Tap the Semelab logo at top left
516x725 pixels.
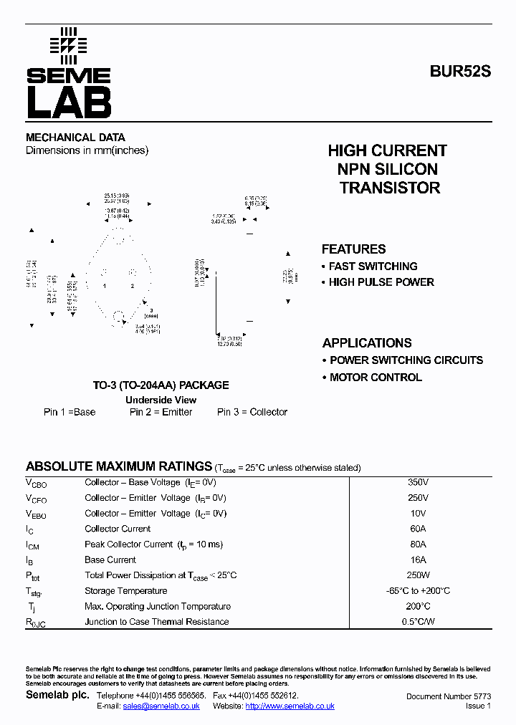point(69,74)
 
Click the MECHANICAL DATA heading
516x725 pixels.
point(75,137)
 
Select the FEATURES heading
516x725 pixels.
point(353,249)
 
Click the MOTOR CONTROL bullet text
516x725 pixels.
point(376,378)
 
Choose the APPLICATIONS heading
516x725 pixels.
point(367,342)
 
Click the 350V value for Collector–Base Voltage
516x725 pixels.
point(418,482)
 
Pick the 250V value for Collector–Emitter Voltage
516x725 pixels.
point(418,498)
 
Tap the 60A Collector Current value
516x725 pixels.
point(418,529)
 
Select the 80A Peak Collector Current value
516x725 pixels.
point(418,544)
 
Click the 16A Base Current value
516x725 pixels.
point(418,560)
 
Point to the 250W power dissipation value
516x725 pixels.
point(418,575)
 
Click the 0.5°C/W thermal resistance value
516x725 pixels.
point(418,622)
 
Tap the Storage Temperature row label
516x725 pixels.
point(125,591)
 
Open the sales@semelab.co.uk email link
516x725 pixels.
point(161,706)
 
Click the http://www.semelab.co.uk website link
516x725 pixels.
point(290,706)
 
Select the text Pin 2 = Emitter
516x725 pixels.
point(161,412)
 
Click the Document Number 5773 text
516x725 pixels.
point(449,696)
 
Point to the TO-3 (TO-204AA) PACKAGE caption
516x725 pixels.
point(161,385)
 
